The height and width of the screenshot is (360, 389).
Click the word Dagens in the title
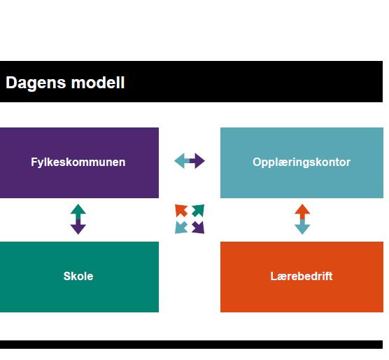point(36,83)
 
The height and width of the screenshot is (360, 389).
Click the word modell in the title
point(98,82)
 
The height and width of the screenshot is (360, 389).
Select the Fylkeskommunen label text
point(78,162)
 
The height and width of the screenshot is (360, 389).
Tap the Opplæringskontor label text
point(302,162)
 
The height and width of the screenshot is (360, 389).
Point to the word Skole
point(78,276)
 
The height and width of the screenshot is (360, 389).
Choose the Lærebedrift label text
point(301,276)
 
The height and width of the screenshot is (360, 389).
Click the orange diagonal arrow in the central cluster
point(181,211)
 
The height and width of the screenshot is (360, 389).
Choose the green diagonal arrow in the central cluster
point(198,211)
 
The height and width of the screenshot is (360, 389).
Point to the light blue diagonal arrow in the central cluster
point(181,228)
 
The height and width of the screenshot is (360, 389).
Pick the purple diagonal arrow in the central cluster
point(198,228)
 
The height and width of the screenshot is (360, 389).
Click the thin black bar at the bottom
point(191,345)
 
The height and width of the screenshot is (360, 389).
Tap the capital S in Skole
point(67,276)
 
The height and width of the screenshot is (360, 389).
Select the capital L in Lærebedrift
point(274,276)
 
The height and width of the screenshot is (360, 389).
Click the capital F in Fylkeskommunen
point(34,162)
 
